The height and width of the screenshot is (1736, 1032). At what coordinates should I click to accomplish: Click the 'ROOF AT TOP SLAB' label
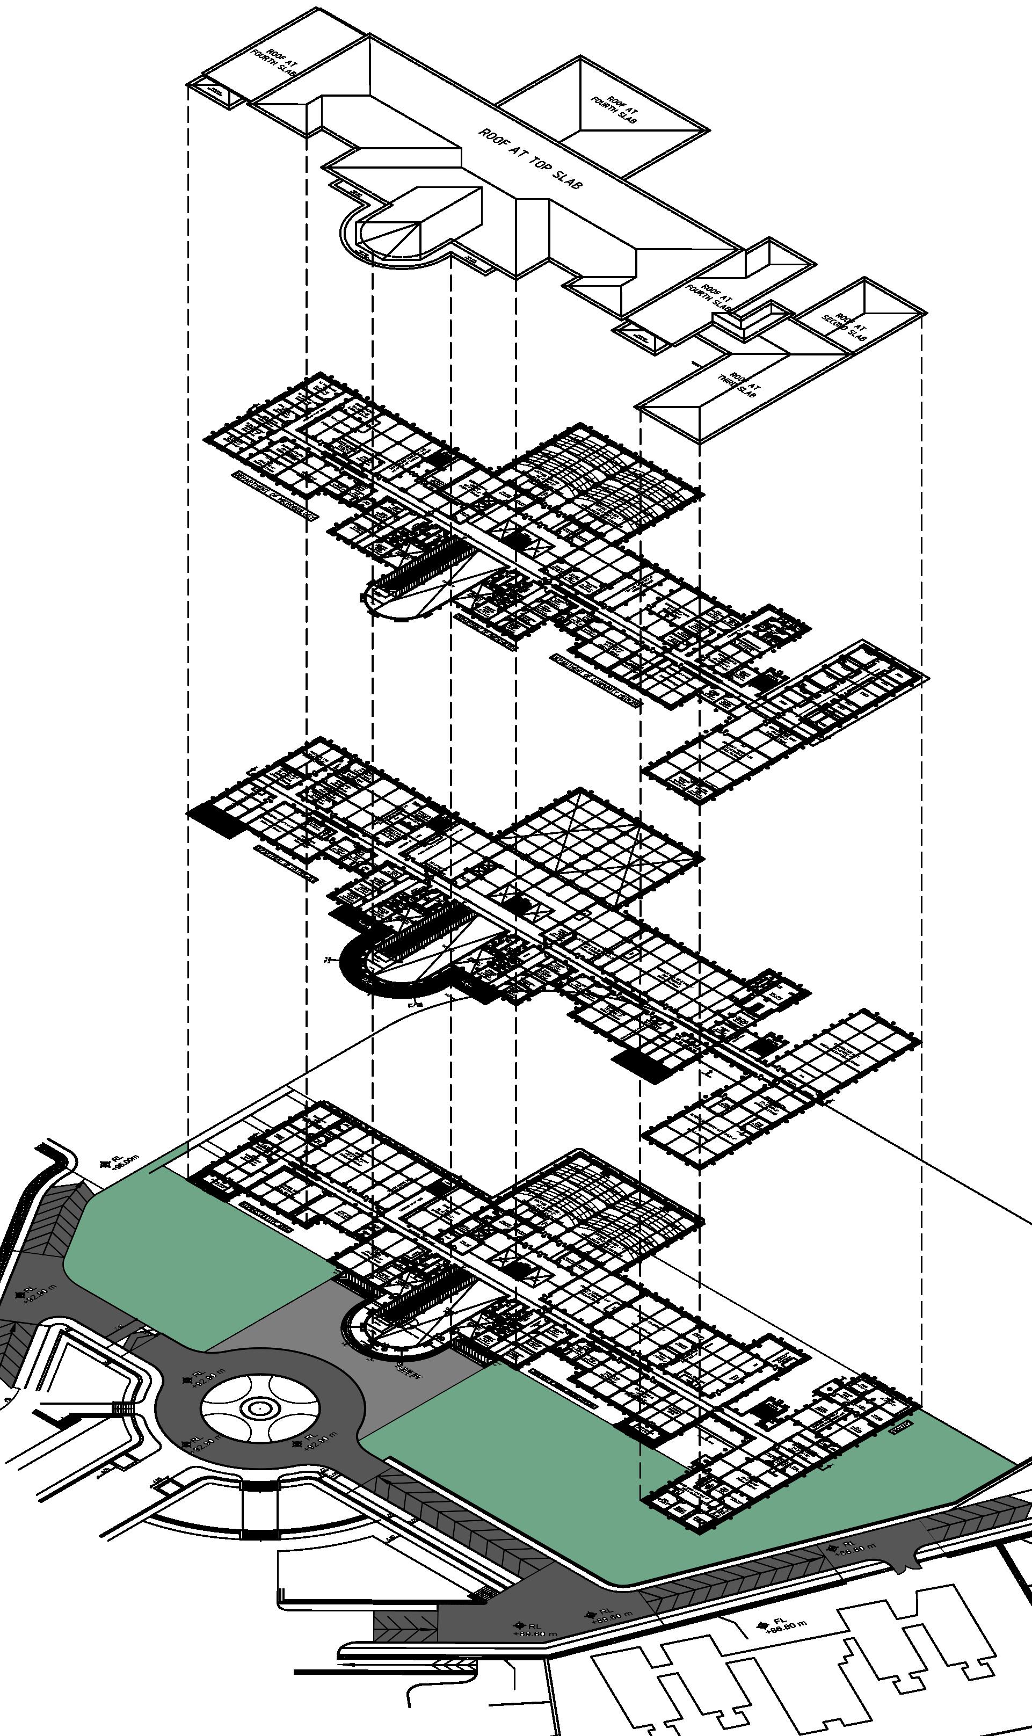530,158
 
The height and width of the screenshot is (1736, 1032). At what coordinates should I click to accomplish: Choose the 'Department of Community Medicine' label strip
596,680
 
